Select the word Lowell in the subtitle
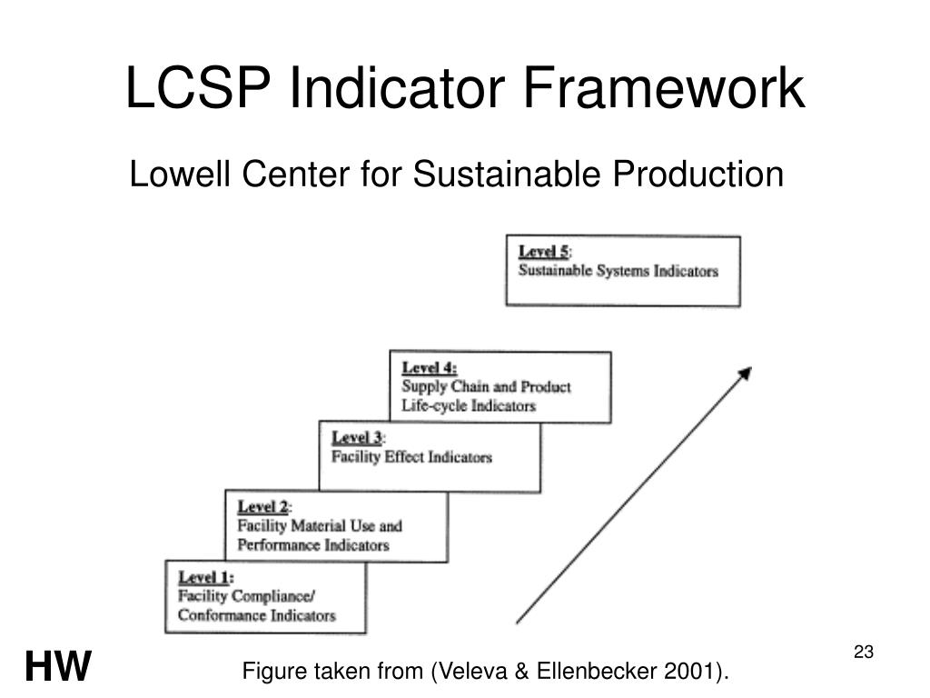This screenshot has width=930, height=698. [x=182, y=174]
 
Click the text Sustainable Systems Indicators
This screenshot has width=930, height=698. [x=618, y=271]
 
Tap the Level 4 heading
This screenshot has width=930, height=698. [x=429, y=368]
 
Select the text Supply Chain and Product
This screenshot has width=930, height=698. [x=486, y=387]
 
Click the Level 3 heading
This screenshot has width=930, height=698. [x=357, y=438]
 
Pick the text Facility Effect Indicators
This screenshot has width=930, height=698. [x=411, y=456]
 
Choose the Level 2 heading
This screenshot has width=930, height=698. [x=263, y=506]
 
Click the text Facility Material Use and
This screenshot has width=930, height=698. [x=319, y=525]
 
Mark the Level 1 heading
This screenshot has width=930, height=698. [x=204, y=577]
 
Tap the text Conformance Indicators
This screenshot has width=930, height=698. [x=256, y=615]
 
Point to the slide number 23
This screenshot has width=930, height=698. [x=863, y=652]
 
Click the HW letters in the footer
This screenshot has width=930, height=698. [x=58, y=667]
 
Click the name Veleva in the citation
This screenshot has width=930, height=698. [x=470, y=672]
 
